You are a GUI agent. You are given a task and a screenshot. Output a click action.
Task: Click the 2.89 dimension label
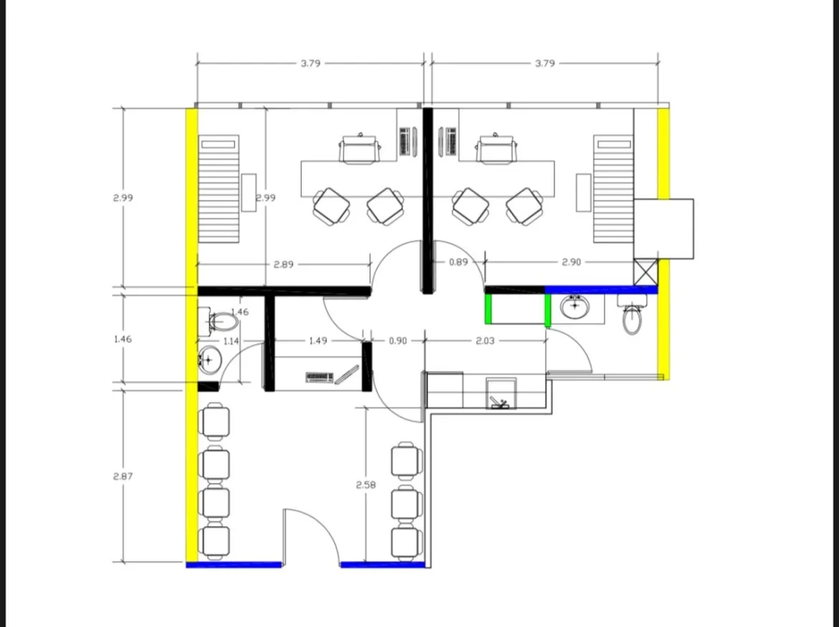point(283,264)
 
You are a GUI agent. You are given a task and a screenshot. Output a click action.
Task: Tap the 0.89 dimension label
point(458,262)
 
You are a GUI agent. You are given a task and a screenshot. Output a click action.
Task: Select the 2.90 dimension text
point(571,262)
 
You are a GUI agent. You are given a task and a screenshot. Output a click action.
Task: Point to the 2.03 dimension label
point(485,340)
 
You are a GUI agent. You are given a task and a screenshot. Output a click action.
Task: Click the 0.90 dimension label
point(398,340)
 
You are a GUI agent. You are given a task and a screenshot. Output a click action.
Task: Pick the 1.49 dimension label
point(318,340)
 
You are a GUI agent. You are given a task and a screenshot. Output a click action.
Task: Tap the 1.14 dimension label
point(231,341)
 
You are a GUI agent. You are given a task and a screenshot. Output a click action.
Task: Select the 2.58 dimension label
point(365,484)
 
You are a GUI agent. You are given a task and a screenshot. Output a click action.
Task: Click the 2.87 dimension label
point(122,476)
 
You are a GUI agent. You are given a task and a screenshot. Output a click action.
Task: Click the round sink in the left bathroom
point(209,360)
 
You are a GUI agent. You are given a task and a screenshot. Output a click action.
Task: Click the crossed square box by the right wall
point(646,272)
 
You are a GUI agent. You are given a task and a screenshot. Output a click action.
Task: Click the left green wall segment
point(489,309)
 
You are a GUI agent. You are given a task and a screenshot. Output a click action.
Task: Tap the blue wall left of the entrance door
point(234,564)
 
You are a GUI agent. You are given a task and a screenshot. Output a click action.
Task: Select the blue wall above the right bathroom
point(601,290)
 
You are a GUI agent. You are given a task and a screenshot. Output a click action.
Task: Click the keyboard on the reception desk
point(319,378)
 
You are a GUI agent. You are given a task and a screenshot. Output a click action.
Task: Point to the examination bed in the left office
point(219,189)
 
